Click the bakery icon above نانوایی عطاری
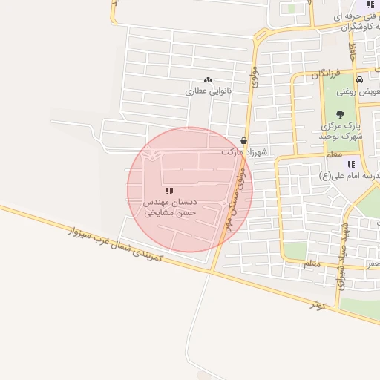click(207, 79)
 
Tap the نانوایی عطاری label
click(209, 91)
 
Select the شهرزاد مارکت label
click(243, 151)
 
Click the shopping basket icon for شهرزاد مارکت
click(244, 140)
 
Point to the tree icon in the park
click(340, 114)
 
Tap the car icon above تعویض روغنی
click(358, 80)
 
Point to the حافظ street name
click(353, 51)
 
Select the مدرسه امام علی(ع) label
click(349, 175)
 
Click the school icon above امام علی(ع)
click(351, 163)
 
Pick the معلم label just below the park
click(334, 154)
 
